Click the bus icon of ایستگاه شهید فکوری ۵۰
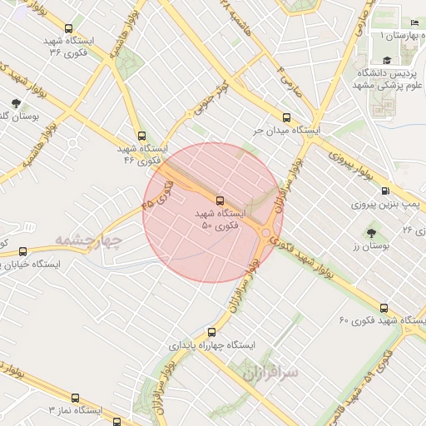220,200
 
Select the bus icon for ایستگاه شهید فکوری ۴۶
141,136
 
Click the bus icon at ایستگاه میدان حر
287,118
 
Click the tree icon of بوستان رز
371,233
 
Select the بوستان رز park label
370,246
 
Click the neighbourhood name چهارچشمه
90,241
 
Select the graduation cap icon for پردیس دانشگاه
387,61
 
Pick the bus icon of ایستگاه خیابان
22,250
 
